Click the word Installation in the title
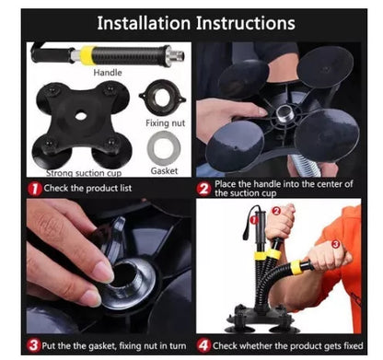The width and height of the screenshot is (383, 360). click(144, 23)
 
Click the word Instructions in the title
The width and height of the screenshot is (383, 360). click(246, 23)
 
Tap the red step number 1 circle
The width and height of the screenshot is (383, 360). click(35, 189)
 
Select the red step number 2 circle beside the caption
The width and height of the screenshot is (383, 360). click(204, 189)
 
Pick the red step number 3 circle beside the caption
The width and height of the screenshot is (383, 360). click(33, 345)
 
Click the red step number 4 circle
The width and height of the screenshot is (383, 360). click(204, 345)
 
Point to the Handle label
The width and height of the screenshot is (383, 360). click(108, 73)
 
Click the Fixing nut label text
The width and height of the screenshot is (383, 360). click(166, 123)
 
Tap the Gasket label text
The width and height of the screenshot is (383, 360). click(164, 170)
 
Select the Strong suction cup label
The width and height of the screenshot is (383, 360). click(84, 173)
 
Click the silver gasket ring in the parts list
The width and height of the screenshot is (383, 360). click(164, 148)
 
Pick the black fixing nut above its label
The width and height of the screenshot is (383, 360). click(162, 98)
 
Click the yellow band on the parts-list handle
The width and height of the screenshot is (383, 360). click(88, 55)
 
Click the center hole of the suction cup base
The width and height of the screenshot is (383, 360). click(81, 115)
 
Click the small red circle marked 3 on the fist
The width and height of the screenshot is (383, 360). click(335, 244)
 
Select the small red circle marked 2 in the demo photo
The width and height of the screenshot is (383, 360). click(276, 211)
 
